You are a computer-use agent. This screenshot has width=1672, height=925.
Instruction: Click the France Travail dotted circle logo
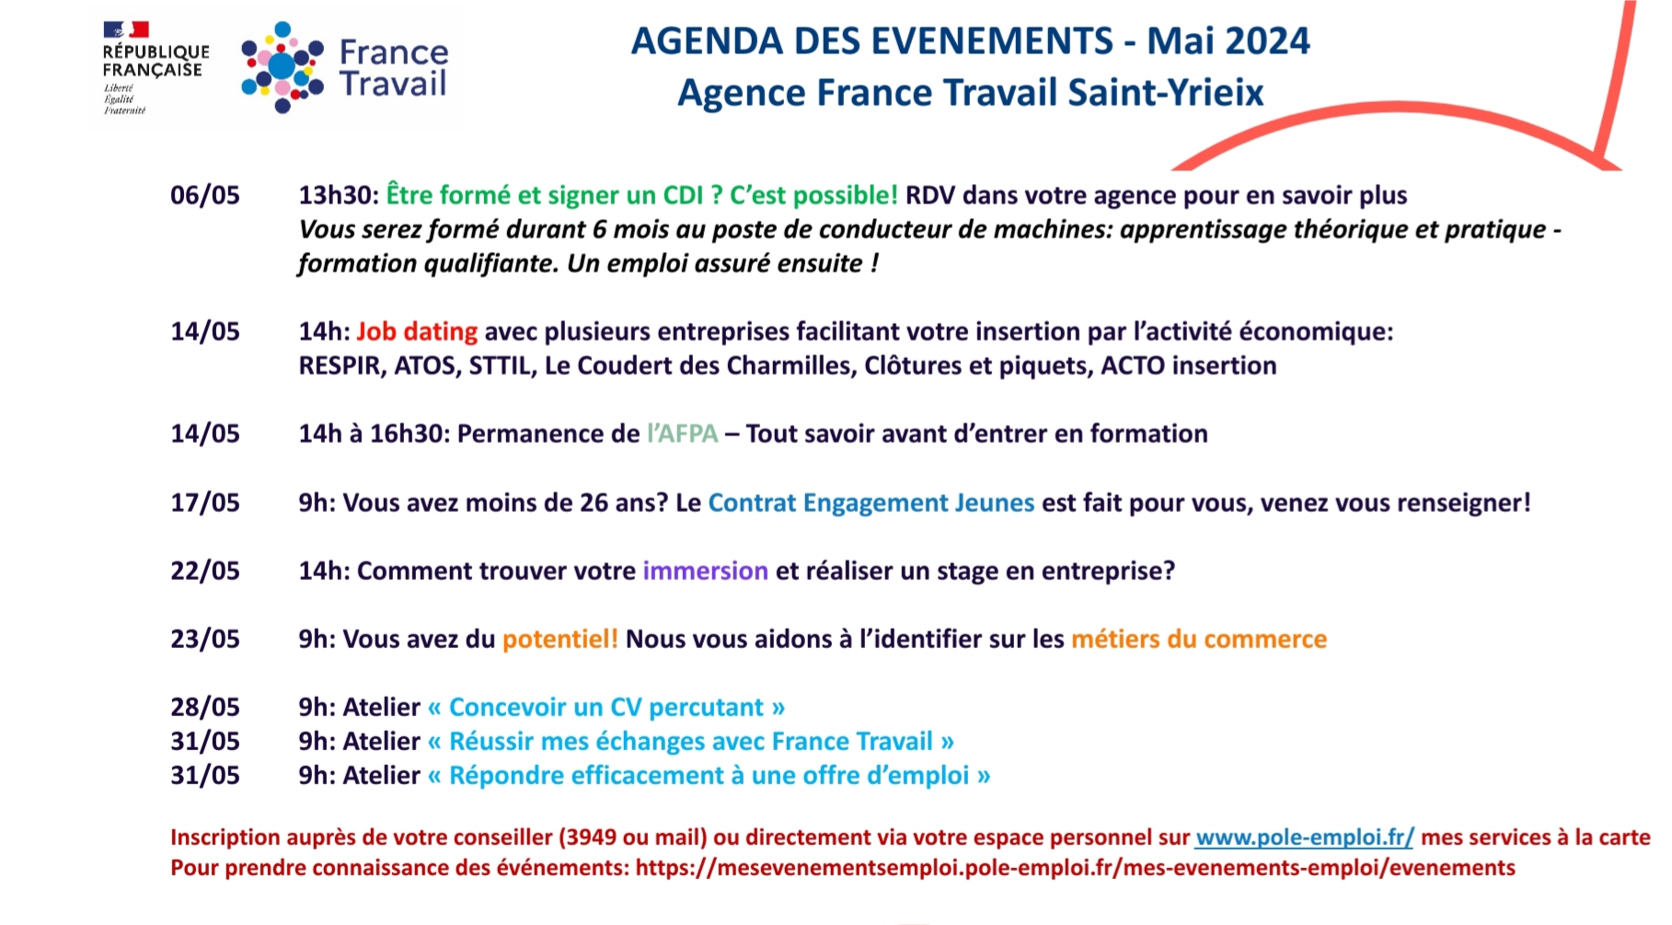click(283, 67)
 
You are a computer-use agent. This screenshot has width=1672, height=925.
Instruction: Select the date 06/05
click(205, 195)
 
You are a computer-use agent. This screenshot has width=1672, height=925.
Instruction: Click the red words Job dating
click(417, 331)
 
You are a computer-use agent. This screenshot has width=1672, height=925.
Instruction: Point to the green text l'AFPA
click(682, 434)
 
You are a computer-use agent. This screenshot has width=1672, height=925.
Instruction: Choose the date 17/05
click(205, 503)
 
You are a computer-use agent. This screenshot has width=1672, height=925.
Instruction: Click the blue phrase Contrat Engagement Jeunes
click(871, 503)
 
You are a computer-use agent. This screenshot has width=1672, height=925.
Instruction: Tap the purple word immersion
click(705, 571)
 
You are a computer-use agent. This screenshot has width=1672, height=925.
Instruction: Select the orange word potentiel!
click(560, 639)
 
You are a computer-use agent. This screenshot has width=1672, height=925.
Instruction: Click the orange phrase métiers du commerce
click(1199, 639)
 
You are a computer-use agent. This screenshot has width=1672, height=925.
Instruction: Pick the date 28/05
click(205, 707)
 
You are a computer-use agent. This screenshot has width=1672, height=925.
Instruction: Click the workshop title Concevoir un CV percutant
click(606, 707)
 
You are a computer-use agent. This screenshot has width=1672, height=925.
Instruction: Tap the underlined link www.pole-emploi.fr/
click(1304, 838)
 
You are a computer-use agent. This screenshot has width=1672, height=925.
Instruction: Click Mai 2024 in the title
click(1228, 41)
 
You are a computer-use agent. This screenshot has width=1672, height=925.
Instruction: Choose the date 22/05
click(205, 571)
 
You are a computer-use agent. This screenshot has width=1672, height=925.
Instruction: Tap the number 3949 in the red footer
click(590, 838)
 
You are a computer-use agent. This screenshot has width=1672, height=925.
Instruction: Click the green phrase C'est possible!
click(813, 195)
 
